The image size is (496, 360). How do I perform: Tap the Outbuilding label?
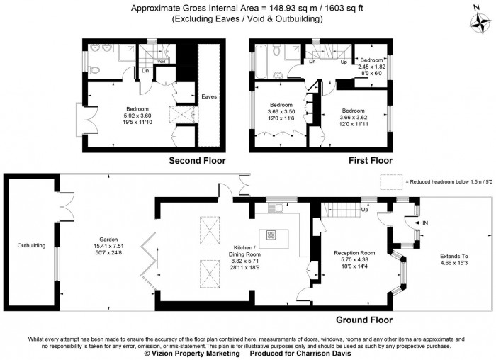pyautogui.click(x=31, y=246)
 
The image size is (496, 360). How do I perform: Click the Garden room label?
pyautogui.click(x=108, y=240)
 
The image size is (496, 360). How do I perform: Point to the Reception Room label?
pyautogui.click(x=358, y=253)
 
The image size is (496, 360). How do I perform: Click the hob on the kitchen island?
pyautogui.click(x=271, y=235)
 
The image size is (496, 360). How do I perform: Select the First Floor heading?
pyautogui.click(x=370, y=161)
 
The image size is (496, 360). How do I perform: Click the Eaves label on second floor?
pyautogui.click(x=209, y=96)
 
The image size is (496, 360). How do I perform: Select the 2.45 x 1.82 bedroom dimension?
pyautogui.click(x=372, y=66)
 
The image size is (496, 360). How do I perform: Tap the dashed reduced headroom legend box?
pyautogui.click(x=391, y=181)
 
